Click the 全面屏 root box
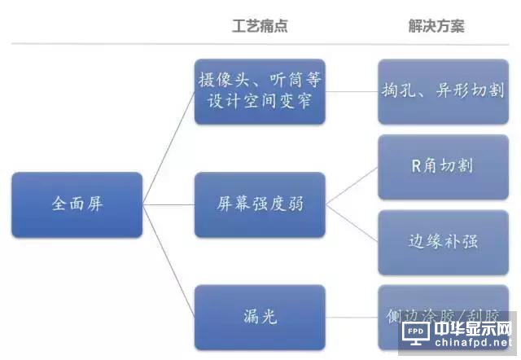coord(77,204)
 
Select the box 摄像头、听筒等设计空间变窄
coord(260,91)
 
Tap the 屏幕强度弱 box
coord(260,204)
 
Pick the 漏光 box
coord(260,317)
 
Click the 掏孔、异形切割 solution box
coord(442,91)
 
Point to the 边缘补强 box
coord(442,242)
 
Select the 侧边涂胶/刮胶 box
coord(442,314)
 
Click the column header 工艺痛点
coord(260,26)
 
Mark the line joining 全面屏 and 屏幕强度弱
coord(169,204)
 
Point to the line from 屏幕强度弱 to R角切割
coord(352,186)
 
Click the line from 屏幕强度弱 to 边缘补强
coord(352,223)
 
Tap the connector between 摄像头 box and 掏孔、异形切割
coord(352,91)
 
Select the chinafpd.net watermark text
coord(472,346)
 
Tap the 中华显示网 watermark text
coord(472,331)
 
